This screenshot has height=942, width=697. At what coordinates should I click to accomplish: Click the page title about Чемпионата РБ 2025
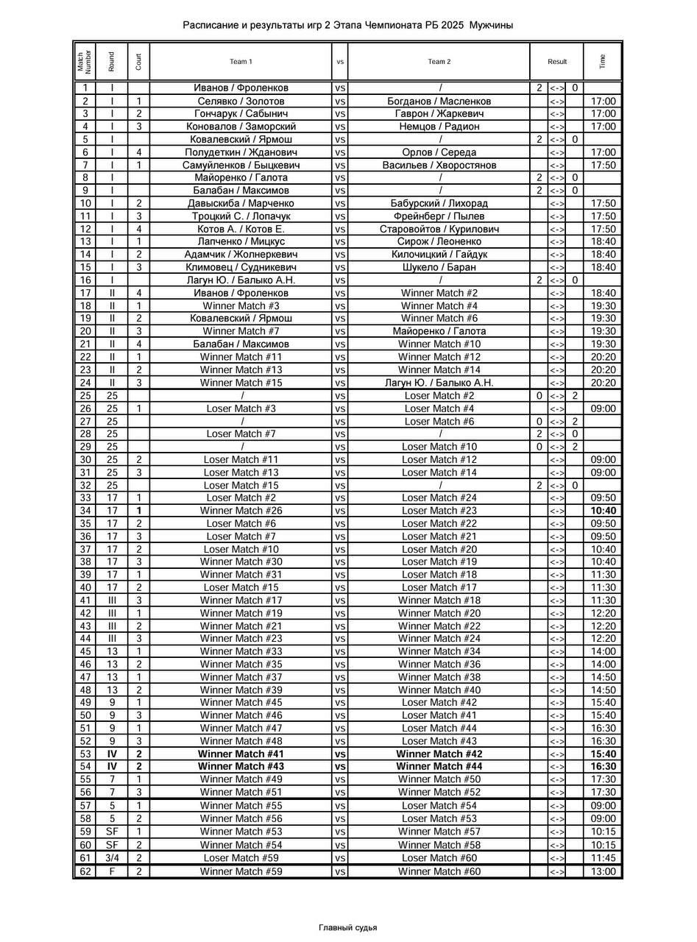347,26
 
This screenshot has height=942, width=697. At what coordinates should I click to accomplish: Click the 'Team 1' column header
241,62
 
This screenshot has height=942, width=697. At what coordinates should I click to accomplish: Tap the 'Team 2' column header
439,62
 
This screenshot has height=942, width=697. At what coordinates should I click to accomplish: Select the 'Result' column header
557,62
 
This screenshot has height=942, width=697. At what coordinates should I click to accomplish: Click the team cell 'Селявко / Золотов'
241,101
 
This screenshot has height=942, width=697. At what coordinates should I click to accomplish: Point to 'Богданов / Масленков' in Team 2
439,101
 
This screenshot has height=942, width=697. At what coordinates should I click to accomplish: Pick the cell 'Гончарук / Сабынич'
241,113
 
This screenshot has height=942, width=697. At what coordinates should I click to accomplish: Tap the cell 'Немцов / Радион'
439,127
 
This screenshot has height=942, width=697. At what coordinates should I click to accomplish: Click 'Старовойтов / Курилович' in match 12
439,229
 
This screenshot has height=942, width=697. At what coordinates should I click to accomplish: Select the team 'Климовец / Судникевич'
241,267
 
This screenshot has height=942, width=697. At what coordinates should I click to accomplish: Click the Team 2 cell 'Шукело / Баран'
439,267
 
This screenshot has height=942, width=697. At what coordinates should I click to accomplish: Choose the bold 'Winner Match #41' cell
241,754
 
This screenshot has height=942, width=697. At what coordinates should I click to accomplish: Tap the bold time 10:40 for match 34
603,511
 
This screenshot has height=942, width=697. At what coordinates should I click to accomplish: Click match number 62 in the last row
85,871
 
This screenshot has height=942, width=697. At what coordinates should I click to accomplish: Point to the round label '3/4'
112,858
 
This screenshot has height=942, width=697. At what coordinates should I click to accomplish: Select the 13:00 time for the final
603,871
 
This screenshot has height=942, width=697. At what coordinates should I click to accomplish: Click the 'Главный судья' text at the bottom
347,927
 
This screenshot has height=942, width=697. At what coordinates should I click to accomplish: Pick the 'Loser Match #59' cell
241,858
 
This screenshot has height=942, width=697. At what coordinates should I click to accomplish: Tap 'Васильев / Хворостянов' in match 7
439,165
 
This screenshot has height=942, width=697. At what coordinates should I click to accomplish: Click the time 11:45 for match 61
603,858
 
